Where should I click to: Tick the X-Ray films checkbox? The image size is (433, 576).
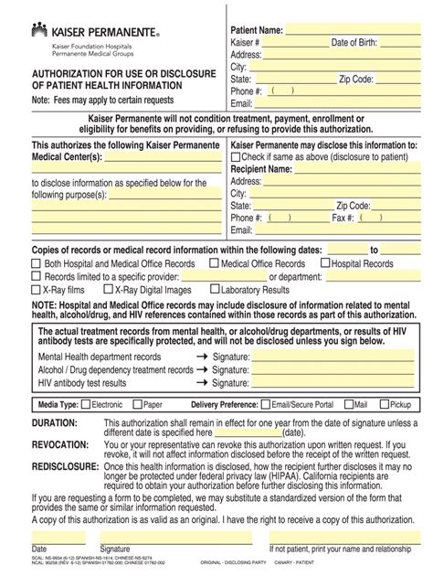pos(37,289)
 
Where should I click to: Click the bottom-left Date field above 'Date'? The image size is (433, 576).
pos(60,537)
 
